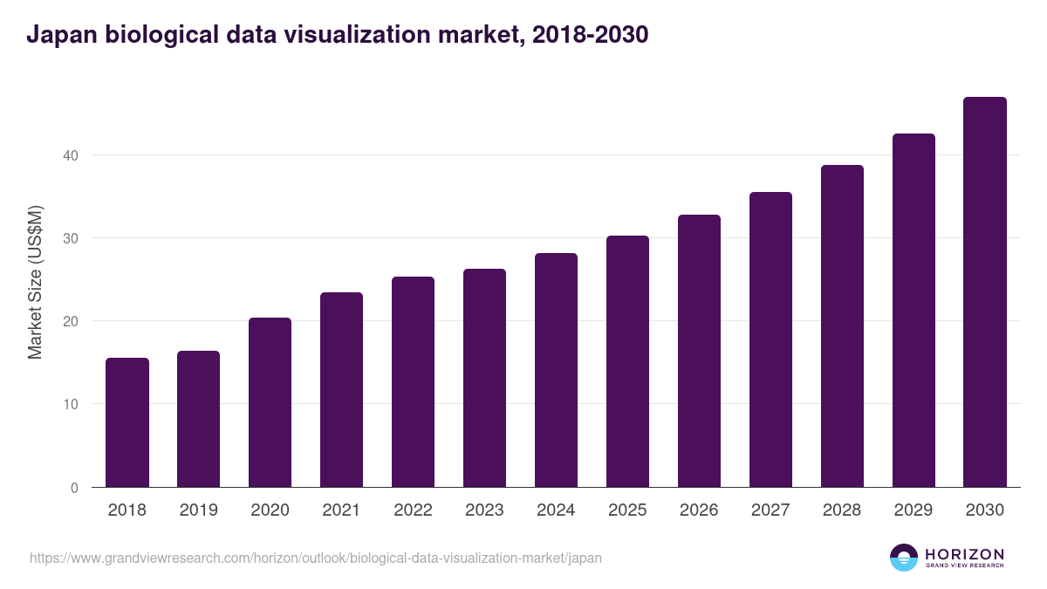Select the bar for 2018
[x=127, y=422]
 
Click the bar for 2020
[x=270, y=402]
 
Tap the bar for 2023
[x=484, y=378]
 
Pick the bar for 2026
[x=699, y=351]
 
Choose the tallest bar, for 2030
[x=985, y=292]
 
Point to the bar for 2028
[x=842, y=326]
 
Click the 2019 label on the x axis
[x=199, y=510]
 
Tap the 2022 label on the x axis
[x=413, y=510]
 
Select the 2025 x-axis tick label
[x=627, y=510]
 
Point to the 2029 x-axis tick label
[x=914, y=510]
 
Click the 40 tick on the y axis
[x=69, y=155]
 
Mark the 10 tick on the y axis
[x=69, y=404]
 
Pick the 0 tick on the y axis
[x=74, y=488]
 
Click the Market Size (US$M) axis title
[x=35, y=282]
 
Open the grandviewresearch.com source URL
[x=315, y=558]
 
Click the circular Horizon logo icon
[x=904, y=558]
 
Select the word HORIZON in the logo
[x=964, y=553]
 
